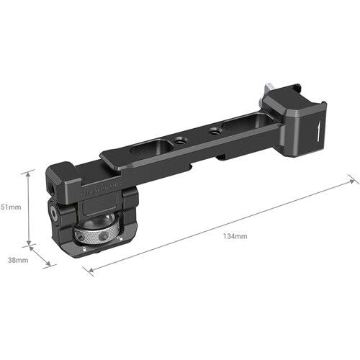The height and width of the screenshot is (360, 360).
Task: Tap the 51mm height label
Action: (x=11, y=207)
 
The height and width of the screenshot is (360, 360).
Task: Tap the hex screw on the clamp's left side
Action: (x=54, y=214)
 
